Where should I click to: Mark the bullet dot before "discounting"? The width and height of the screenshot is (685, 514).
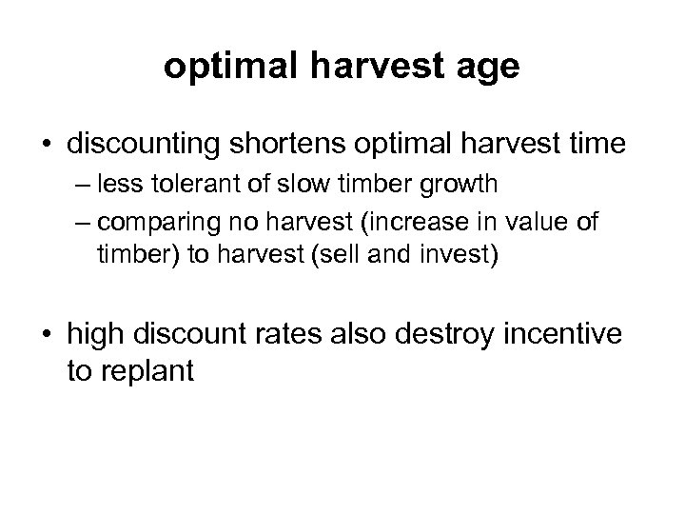pos(47,147)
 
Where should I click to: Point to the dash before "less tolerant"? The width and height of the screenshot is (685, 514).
pos(80,195)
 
